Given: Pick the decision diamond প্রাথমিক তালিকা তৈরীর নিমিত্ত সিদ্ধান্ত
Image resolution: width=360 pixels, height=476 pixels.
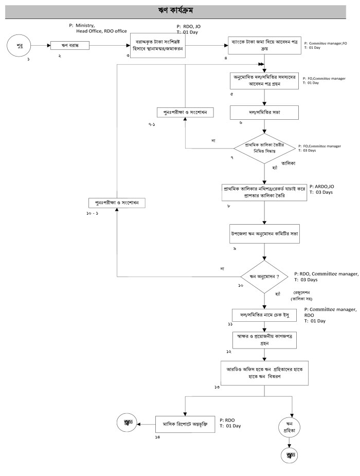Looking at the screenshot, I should [x=264, y=149].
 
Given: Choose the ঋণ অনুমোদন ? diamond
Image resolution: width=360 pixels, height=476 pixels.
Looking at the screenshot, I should [x=264, y=277].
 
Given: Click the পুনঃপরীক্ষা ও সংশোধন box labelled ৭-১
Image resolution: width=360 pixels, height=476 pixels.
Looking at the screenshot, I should [x=185, y=112].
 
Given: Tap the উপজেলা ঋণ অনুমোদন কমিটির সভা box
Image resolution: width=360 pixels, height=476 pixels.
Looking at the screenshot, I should [x=264, y=233].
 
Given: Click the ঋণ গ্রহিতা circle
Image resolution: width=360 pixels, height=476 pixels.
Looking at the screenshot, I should [x=292, y=426].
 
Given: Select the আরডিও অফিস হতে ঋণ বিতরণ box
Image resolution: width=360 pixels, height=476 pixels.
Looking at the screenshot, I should [x=264, y=372].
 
